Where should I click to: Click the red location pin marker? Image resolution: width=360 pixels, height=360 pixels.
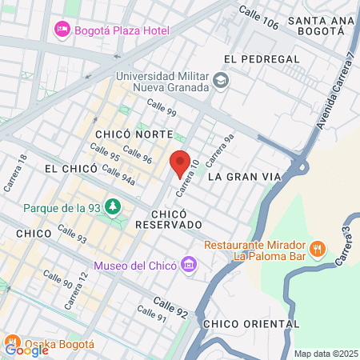click(180, 162)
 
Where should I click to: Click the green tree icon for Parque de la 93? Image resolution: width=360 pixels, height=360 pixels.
click(113, 208)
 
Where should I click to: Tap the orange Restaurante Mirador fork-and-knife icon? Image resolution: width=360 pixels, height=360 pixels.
click(318, 247)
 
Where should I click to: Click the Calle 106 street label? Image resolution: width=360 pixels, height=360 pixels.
click(259, 17)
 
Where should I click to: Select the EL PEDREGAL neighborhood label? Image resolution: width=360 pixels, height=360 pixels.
click(262, 59)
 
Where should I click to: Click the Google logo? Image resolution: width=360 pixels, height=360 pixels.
click(27, 349)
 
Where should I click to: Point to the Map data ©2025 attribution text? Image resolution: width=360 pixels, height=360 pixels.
click(326, 354)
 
